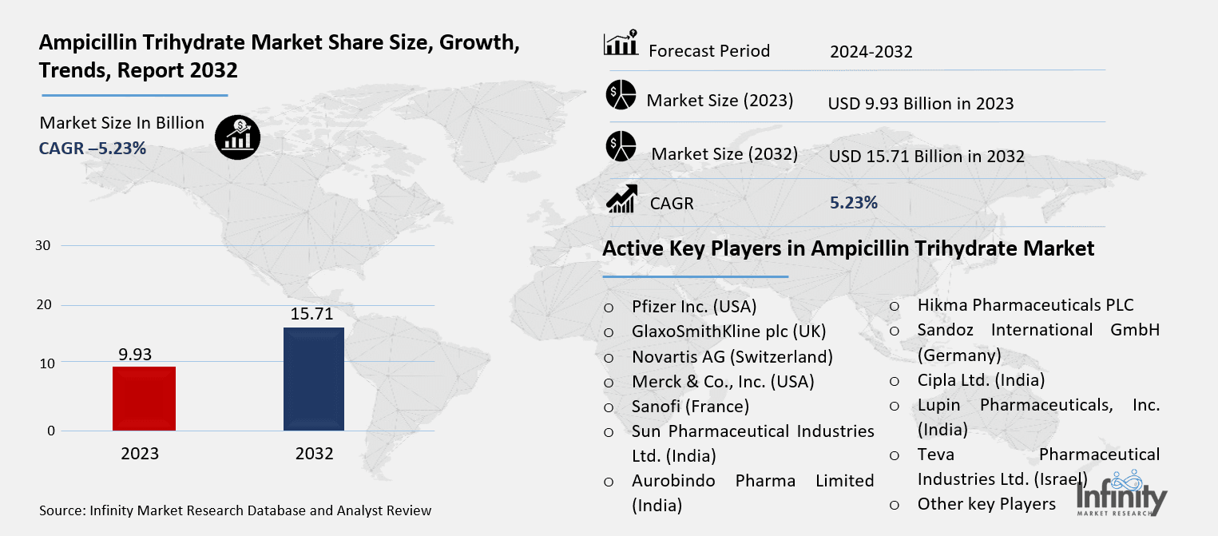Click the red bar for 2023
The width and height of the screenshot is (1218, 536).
(x=144, y=398)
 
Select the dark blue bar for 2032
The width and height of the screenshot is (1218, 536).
(x=314, y=379)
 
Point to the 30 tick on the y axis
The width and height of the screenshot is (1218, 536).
(x=44, y=245)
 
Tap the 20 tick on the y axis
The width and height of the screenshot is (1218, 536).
(x=44, y=304)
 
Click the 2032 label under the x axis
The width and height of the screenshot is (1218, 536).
(x=314, y=454)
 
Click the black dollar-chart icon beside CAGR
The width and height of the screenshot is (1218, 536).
(x=236, y=137)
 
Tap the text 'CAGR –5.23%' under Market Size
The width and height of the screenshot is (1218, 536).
(x=93, y=148)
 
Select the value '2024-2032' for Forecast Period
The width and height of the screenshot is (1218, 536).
(x=871, y=53)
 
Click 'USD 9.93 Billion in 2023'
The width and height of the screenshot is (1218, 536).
(x=921, y=104)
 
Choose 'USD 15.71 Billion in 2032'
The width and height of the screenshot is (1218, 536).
(x=926, y=157)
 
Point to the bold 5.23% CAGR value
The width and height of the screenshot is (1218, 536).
(x=854, y=203)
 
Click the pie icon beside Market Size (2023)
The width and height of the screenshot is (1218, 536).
(x=621, y=95)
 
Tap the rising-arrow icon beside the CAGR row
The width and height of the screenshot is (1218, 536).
(x=621, y=199)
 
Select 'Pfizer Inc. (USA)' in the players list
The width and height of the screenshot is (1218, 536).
(x=693, y=306)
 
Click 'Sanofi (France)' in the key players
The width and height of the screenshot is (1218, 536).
(x=690, y=406)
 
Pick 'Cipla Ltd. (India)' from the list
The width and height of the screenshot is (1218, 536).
(x=981, y=380)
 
